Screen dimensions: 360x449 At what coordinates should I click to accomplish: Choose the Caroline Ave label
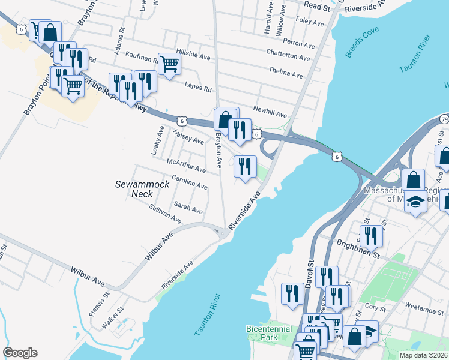(x=189, y=183)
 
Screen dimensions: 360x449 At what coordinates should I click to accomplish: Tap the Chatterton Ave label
(x=288, y=56)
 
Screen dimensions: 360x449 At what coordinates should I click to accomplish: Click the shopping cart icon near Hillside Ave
(x=170, y=62)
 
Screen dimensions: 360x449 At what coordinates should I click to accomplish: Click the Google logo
(x=20, y=353)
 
